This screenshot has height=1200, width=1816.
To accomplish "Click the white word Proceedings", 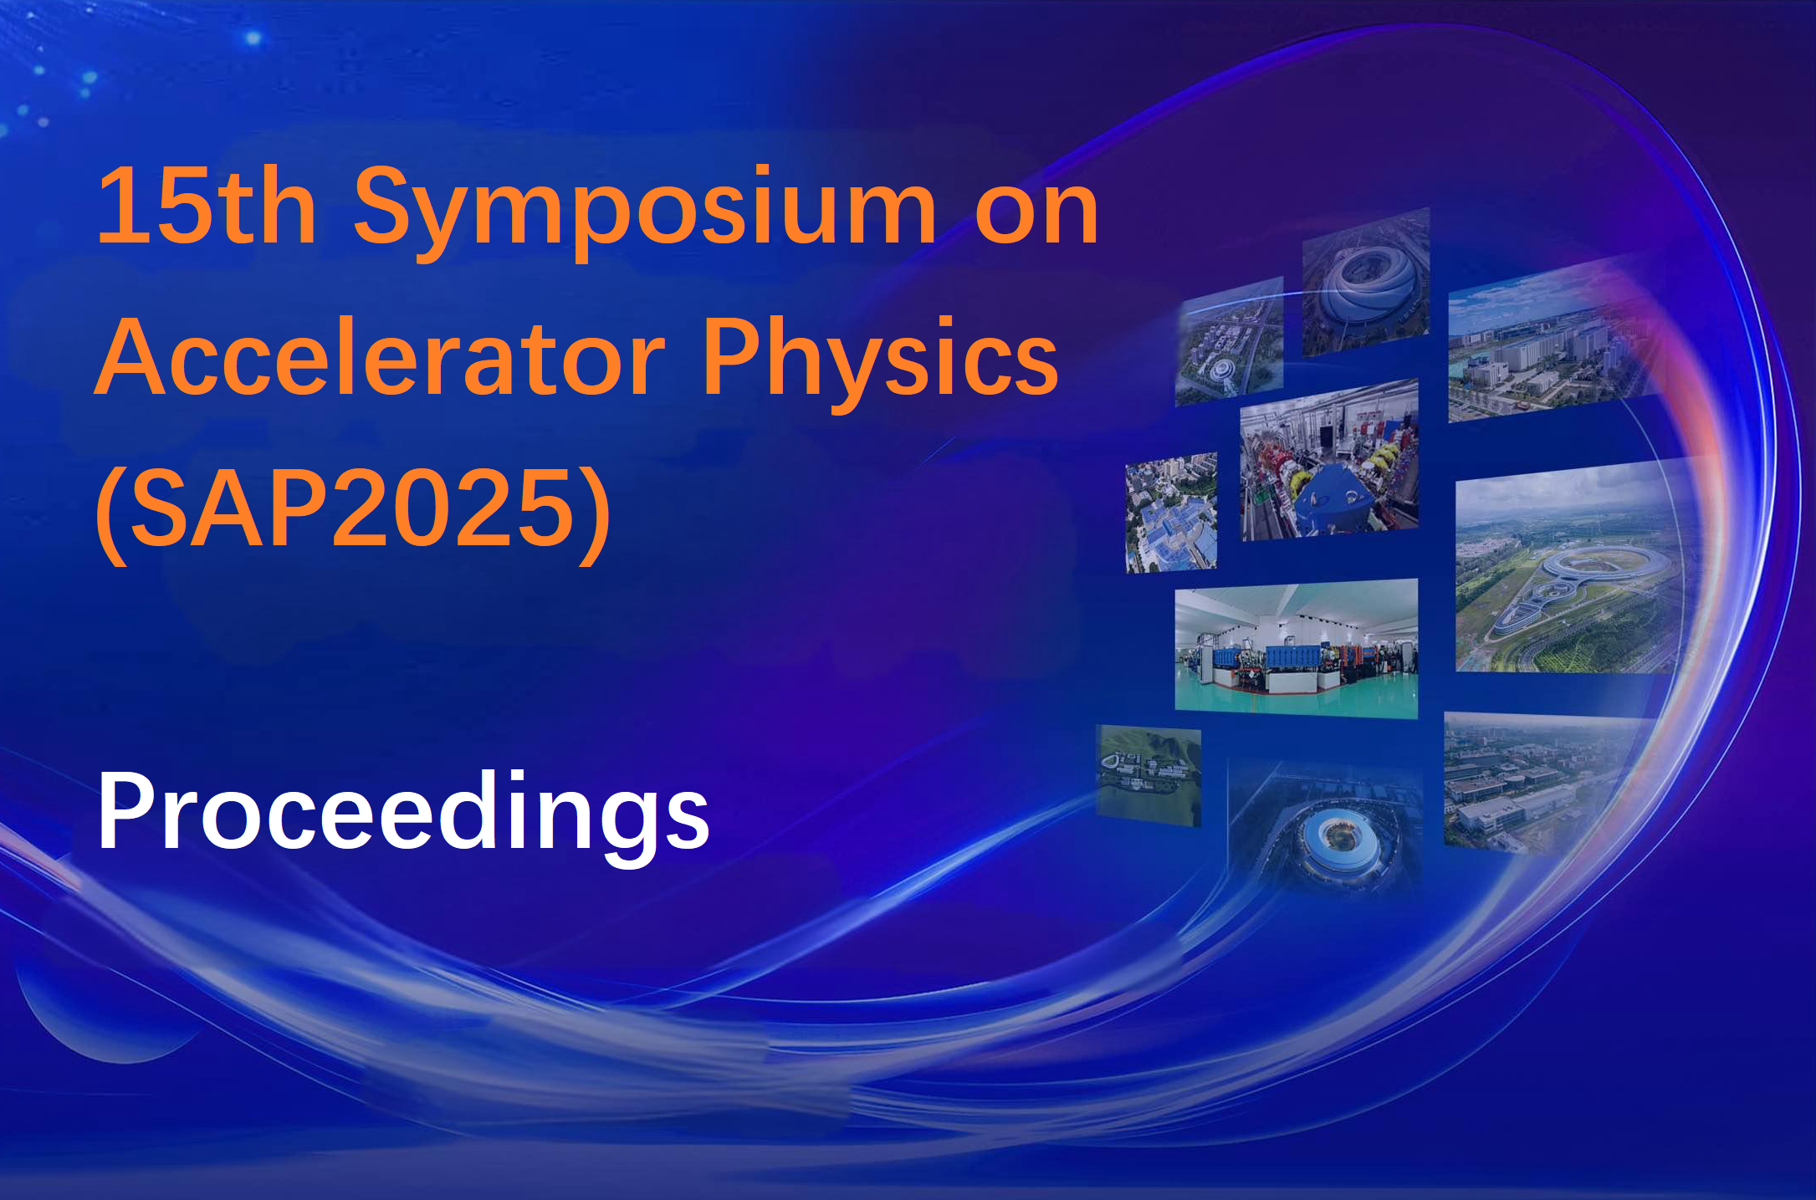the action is (404, 815).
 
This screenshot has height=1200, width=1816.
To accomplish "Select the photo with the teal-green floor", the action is (1296, 648).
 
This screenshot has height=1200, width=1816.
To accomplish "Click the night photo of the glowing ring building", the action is (1326, 828).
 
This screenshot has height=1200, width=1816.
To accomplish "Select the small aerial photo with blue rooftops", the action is (1171, 513).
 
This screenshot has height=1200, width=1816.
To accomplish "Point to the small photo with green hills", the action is (1148, 775).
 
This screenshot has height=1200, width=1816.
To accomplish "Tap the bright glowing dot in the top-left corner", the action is (253, 38).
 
